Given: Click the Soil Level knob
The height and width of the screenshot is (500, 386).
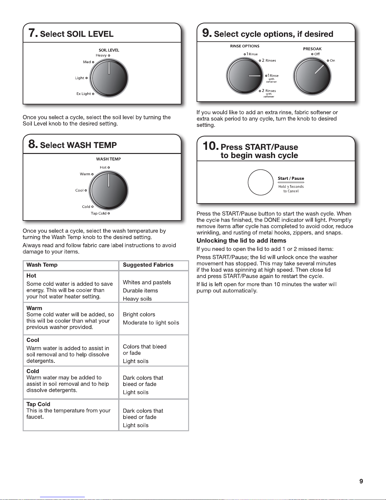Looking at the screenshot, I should pyautogui.click(x=109, y=78).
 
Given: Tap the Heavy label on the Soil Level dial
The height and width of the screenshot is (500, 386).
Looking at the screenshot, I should pyautogui.click(x=101, y=55).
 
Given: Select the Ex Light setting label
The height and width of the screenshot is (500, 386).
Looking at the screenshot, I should pyautogui.click(x=84, y=94).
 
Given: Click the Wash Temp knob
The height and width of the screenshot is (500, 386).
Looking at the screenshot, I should pyautogui.click(x=109, y=190).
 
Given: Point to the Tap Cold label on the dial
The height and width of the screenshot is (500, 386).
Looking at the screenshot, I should pyautogui.click(x=99, y=213).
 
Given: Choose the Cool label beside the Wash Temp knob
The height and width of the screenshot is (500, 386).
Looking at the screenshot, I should pyautogui.click(x=79, y=190).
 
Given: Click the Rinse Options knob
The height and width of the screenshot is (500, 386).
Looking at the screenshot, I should pyautogui.click(x=245, y=76).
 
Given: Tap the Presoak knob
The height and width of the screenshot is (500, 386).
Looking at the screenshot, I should pyautogui.click(x=312, y=76).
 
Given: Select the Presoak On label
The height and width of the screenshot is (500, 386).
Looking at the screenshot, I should pyautogui.click(x=332, y=61).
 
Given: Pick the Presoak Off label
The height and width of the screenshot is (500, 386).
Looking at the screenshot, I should pyautogui.click(x=317, y=54).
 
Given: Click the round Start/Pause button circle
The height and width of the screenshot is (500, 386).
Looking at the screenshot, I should pyautogui.click(x=261, y=182).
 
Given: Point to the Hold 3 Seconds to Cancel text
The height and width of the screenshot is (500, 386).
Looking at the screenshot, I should pyautogui.click(x=291, y=189).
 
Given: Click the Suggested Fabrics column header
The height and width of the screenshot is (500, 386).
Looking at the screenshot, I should pyautogui.click(x=148, y=265).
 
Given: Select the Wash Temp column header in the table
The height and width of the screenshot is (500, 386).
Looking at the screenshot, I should pyautogui.click(x=42, y=265).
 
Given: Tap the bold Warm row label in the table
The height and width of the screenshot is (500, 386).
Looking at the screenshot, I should pyautogui.click(x=34, y=308).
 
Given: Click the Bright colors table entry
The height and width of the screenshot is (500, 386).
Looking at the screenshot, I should pyautogui.click(x=139, y=314).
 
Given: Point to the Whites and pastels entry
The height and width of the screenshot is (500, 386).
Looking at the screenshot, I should pyautogui.click(x=147, y=282).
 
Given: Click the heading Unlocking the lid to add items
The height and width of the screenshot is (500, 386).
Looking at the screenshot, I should pyautogui.click(x=241, y=240).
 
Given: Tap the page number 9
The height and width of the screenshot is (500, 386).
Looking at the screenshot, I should pyautogui.click(x=361, y=481).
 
